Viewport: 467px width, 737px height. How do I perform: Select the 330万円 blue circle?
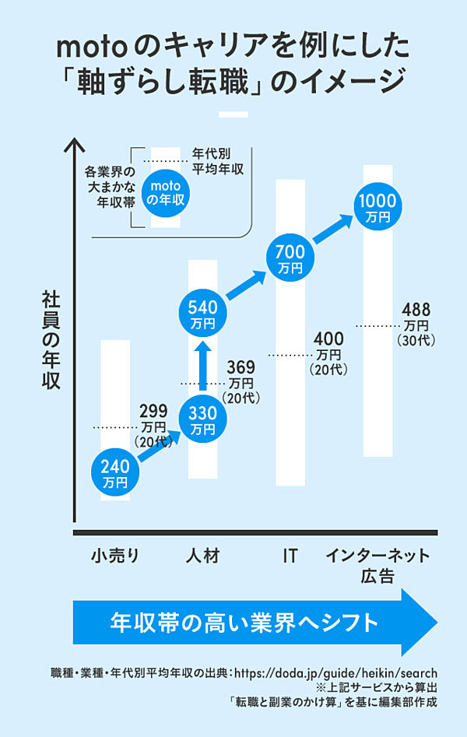point(202,421)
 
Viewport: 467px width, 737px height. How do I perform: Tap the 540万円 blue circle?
point(202,314)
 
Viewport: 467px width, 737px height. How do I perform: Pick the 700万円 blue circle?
point(291,258)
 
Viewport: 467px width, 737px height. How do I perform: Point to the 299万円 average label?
point(153,426)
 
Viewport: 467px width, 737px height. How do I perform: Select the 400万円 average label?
point(328,353)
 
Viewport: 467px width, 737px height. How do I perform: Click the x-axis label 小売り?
point(115,556)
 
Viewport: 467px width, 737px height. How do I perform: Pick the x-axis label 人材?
point(203,556)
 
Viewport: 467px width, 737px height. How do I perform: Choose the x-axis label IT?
point(290,556)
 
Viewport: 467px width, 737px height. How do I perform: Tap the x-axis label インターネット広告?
point(377,566)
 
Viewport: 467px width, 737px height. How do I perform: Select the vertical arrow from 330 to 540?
point(202,367)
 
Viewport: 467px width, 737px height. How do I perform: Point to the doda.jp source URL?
point(335,673)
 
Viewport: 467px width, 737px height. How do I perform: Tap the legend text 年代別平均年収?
point(218,159)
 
